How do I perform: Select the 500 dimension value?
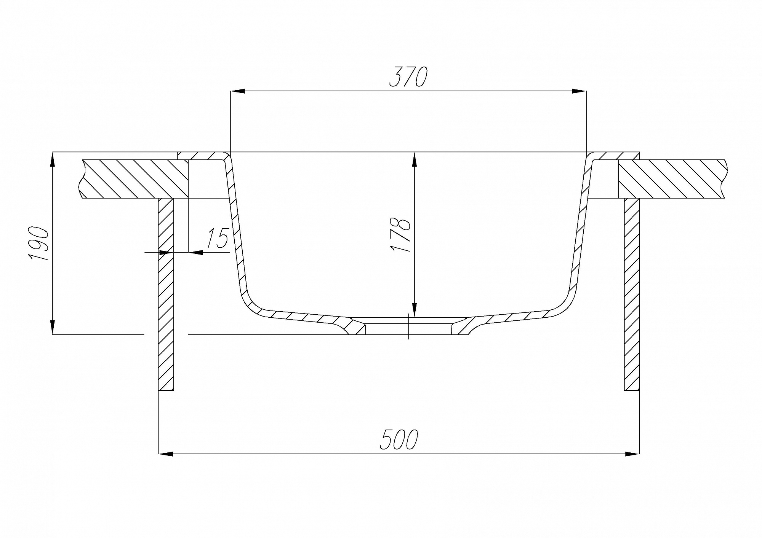399,439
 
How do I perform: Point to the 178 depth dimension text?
400,235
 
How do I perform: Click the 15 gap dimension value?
217,239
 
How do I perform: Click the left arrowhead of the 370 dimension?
238,91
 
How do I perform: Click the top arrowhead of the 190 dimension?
53,159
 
